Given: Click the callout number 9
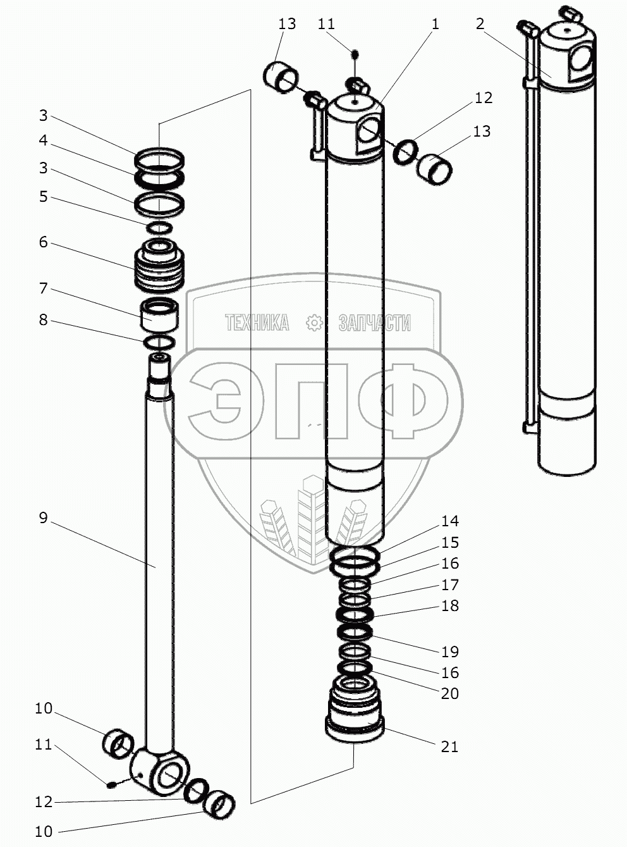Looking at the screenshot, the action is coord(43,518).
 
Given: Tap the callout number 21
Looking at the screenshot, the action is coord(449,747).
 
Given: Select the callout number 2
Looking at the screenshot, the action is coord(480,24).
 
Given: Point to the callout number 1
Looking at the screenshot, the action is coord(435,24).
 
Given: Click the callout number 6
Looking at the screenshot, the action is coord(43,242).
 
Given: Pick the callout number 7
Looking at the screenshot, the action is coord(43,288).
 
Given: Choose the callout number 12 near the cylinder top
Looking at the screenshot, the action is coord(484,98).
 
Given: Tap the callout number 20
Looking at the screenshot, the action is coord(450,694).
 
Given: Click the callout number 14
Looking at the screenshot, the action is coord(450,521).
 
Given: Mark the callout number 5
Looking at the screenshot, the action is coord(43,197).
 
